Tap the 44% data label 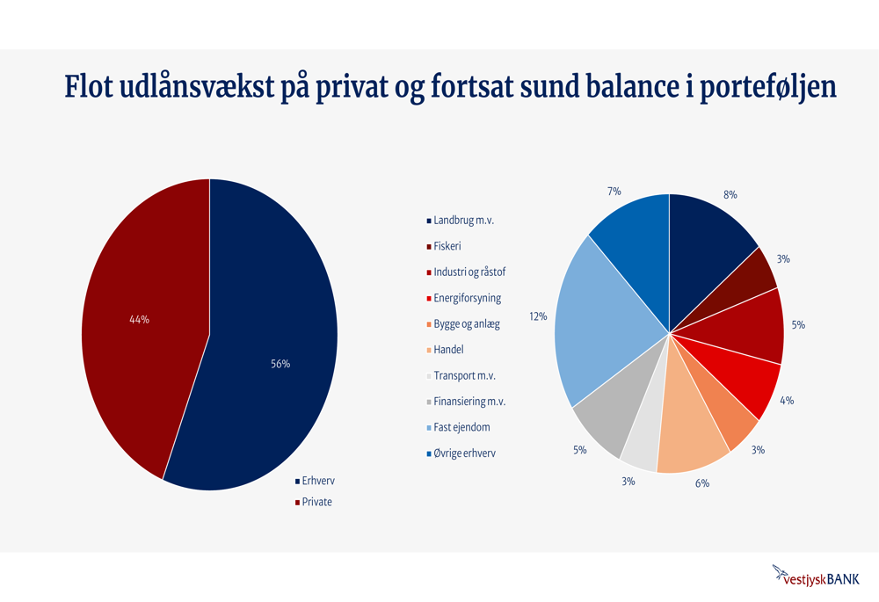(139, 320)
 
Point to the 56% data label (280, 364)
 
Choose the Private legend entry (316, 503)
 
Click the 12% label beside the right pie (538, 316)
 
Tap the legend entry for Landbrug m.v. (463, 220)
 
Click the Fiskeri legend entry (447, 246)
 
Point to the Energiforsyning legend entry (467, 298)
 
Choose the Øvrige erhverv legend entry (467, 453)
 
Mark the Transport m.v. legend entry (464, 376)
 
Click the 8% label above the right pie (730, 194)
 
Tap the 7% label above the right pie (614, 191)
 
